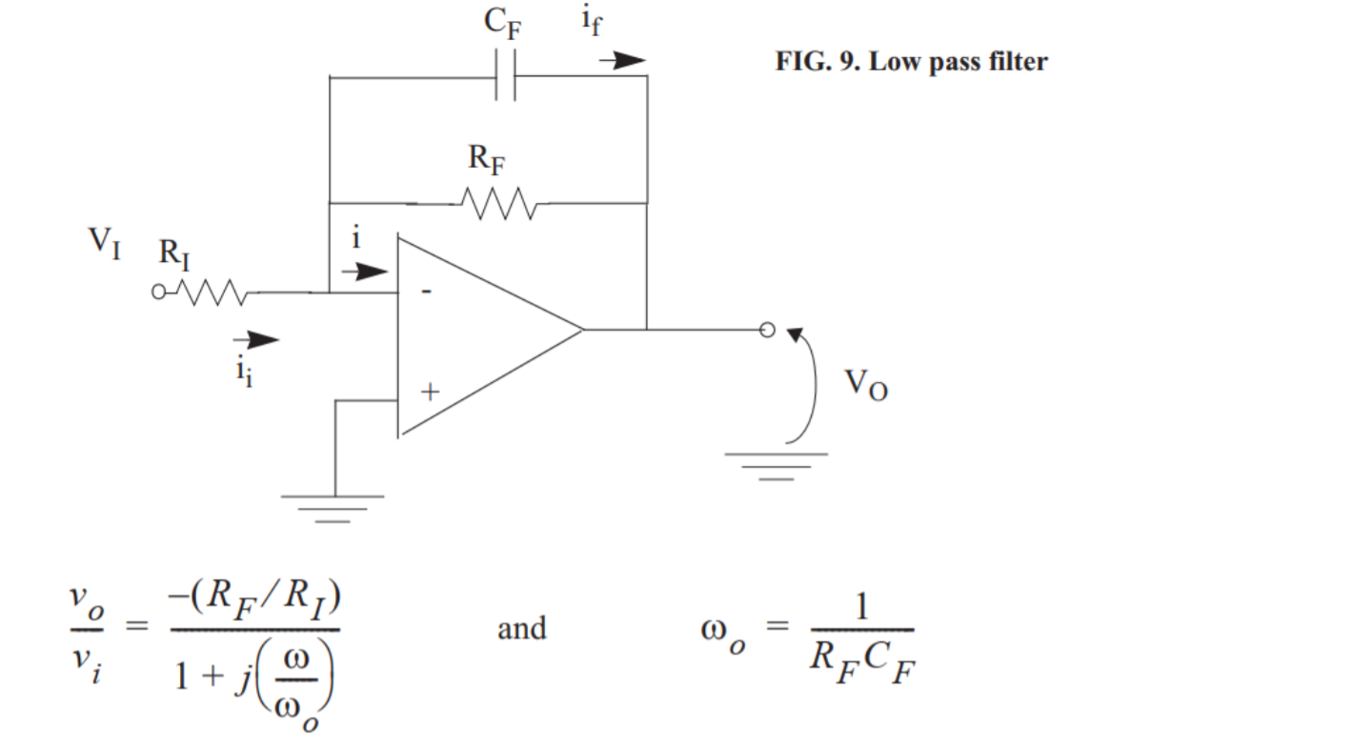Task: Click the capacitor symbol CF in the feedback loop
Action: pyautogui.click(x=505, y=76)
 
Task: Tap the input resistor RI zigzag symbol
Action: pyautogui.click(x=213, y=293)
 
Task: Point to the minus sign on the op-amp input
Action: pyautogui.click(x=426, y=292)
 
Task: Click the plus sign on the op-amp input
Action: pyautogui.click(x=431, y=391)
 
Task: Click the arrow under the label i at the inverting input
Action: pyautogui.click(x=364, y=272)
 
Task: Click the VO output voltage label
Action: pyautogui.click(x=866, y=385)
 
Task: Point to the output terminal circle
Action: pyautogui.click(x=767, y=331)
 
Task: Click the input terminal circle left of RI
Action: pyautogui.click(x=158, y=293)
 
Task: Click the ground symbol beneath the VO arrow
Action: pyautogui.click(x=776, y=466)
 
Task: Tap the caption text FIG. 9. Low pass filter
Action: pyautogui.click(x=911, y=63)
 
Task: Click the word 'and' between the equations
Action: pyautogui.click(x=522, y=629)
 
